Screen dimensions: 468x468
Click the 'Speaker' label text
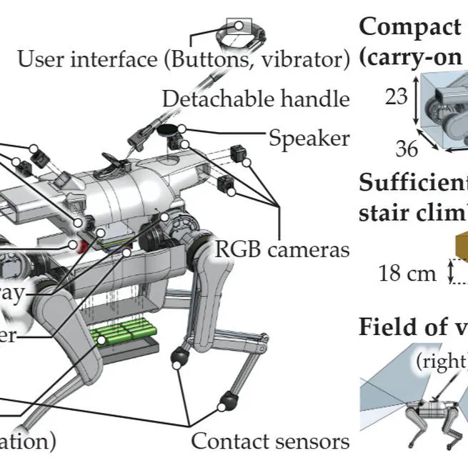pos(309,137)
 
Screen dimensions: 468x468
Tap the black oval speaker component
pos(169,130)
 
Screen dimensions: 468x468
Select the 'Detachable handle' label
pos(256,99)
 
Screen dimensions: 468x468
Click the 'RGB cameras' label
pos(282,249)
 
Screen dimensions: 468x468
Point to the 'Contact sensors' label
pos(271,441)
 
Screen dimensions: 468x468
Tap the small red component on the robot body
pos(81,247)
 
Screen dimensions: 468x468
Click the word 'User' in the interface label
pos(40,58)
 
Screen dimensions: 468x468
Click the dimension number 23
pos(396,97)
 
